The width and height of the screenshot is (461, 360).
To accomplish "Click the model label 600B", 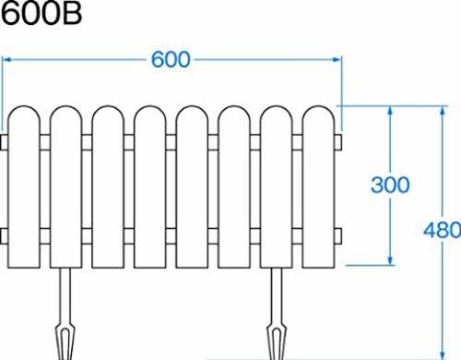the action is pyautogui.click(x=41, y=13).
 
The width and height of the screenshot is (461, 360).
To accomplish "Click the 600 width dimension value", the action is pyautogui.click(x=171, y=59).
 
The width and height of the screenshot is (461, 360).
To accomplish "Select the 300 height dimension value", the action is pyautogui.click(x=390, y=185).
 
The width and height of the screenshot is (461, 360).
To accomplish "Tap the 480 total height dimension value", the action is pyautogui.click(x=442, y=230).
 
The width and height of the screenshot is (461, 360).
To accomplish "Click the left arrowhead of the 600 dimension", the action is pyautogui.click(x=6, y=59).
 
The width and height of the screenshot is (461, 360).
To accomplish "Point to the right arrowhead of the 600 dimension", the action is pyautogui.click(x=337, y=59).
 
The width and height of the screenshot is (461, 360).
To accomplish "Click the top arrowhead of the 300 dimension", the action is pyautogui.click(x=390, y=111).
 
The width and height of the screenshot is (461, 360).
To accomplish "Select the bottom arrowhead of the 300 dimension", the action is pyautogui.click(x=390, y=260).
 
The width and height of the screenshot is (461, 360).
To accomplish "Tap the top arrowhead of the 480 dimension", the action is pyautogui.click(x=442, y=111).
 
